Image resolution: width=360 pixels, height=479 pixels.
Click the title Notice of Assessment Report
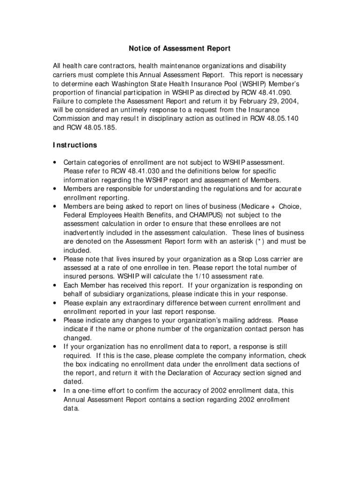click(180, 49)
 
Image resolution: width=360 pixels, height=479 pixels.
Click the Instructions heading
click(75, 145)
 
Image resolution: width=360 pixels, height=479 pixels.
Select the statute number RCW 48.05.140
click(274, 118)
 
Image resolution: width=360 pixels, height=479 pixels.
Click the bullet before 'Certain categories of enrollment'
click(56, 163)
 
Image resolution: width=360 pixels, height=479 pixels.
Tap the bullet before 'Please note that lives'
click(56, 259)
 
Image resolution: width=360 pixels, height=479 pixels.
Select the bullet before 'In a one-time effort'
click(56, 391)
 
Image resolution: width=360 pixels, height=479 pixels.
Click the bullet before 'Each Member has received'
click(56, 285)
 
